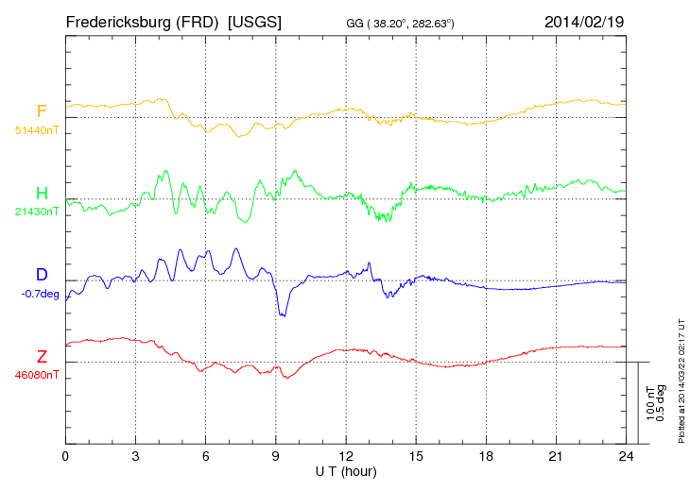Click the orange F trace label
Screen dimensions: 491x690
[42, 111]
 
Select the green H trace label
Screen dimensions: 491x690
[42, 193]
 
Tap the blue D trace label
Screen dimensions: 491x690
[42, 275]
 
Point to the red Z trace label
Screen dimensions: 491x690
[42, 356]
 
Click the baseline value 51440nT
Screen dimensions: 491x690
[37, 129]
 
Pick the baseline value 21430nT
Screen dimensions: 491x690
[37, 211]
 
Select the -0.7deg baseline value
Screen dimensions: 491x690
[41, 293]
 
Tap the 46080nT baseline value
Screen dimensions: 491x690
[37, 374]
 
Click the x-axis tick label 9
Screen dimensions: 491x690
[276, 457]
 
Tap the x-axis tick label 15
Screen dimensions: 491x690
[416, 457]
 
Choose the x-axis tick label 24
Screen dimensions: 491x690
[625, 457]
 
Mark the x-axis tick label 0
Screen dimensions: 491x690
[66, 457]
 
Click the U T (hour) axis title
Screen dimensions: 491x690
[346, 470]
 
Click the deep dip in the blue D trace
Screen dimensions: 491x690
[282, 314]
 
